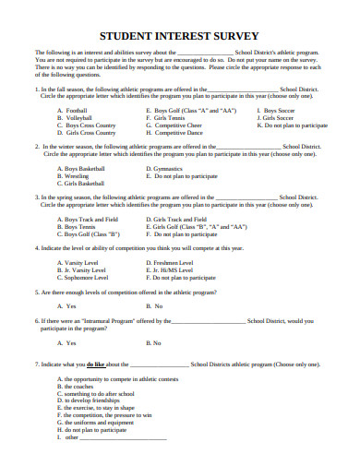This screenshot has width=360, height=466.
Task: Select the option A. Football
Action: coord(73,110)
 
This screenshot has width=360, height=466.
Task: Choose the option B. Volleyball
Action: coord(75,117)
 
